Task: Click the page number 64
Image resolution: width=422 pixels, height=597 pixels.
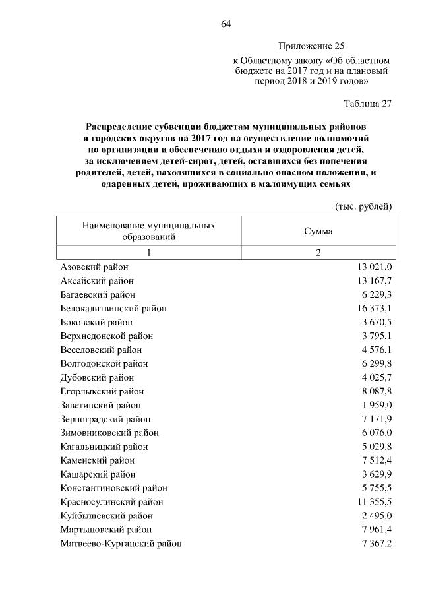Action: pos(226,24)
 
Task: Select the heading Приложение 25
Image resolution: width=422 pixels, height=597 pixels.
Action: pos(312,46)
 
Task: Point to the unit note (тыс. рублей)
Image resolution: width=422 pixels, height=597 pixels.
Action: pos(364,206)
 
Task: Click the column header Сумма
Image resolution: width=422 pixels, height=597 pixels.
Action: pos(318,232)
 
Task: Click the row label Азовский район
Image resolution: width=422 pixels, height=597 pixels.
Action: pos(94,267)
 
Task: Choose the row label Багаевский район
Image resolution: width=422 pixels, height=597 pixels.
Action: pos(98,294)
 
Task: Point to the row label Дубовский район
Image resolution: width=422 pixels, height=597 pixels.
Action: pos(97,377)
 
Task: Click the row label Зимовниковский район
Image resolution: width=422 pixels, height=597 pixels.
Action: pos(105,433)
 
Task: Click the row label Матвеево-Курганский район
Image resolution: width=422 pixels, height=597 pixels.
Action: pos(121,543)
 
